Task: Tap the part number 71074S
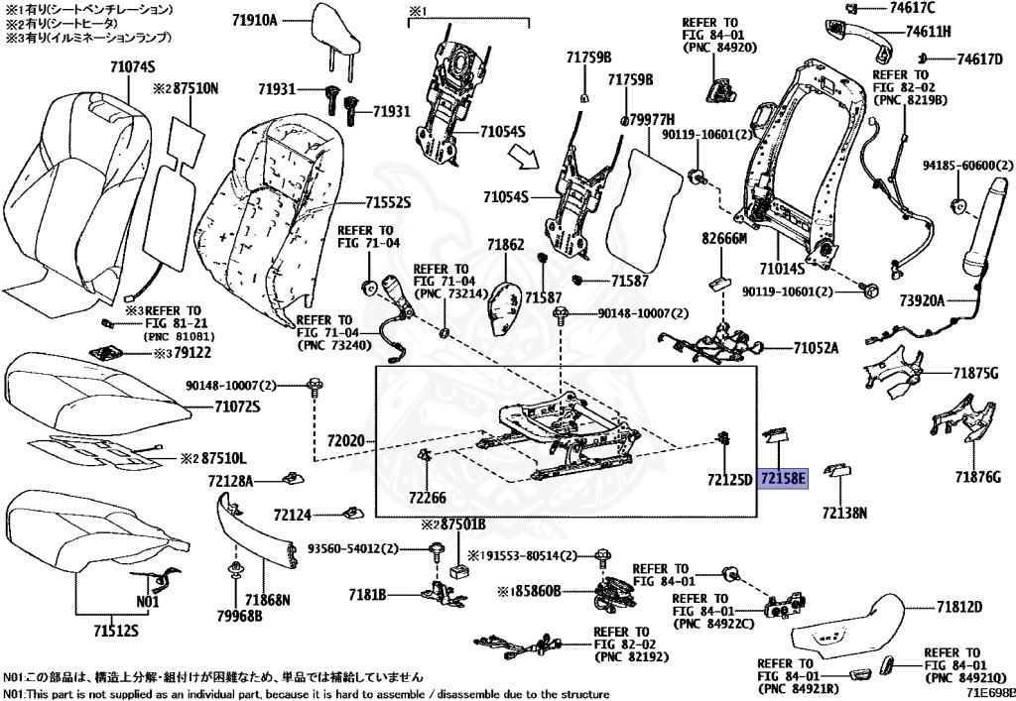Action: click(133, 67)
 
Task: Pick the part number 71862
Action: click(505, 244)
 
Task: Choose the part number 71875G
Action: click(975, 373)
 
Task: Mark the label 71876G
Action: click(975, 477)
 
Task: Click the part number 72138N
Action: click(844, 513)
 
